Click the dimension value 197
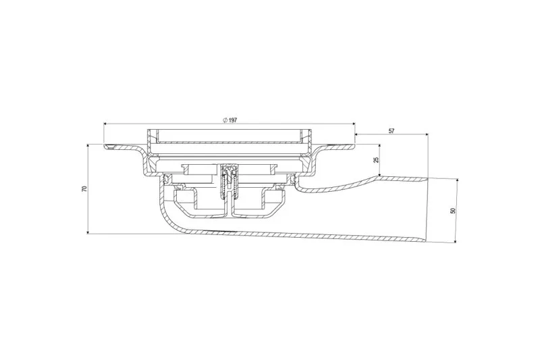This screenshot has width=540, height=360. pyautogui.click(x=233, y=120)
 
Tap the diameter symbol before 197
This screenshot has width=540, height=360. pyautogui.click(x=225, y=120)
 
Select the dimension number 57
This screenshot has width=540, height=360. pyautogui.click(x=391, y=131)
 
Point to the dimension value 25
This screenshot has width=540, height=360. pyautogui.click(x=376, y=160)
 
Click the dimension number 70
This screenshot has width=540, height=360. pyautogui.click(x=84, y=189)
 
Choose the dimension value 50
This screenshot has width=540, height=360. pyautogui.click(x=453, y=211)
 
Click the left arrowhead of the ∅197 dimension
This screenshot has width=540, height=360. pyautogui.click(x=106, y=124)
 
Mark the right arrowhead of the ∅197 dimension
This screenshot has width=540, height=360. pyautogui.click(x=352, y=124)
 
